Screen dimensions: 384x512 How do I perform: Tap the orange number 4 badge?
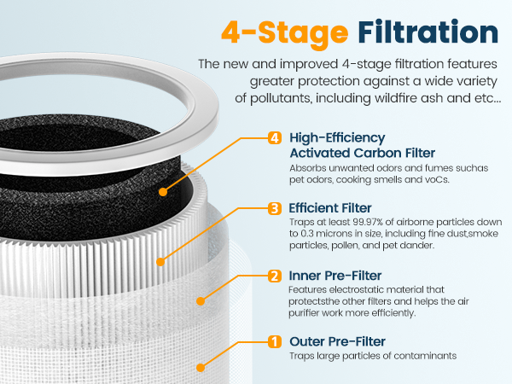(x=275, y=138)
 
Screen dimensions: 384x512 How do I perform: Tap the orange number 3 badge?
(x=275, y=207)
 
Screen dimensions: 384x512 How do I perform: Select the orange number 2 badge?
(x=275, y=276)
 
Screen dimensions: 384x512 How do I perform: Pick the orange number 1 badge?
(x=275, y=342)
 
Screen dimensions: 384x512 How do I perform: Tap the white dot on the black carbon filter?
(x=161, y=192)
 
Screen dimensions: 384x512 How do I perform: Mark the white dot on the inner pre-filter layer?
(x=201, y=300)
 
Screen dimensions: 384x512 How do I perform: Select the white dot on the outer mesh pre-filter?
(x=200, y=367)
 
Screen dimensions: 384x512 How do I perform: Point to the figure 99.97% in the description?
(x=356, y=222)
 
